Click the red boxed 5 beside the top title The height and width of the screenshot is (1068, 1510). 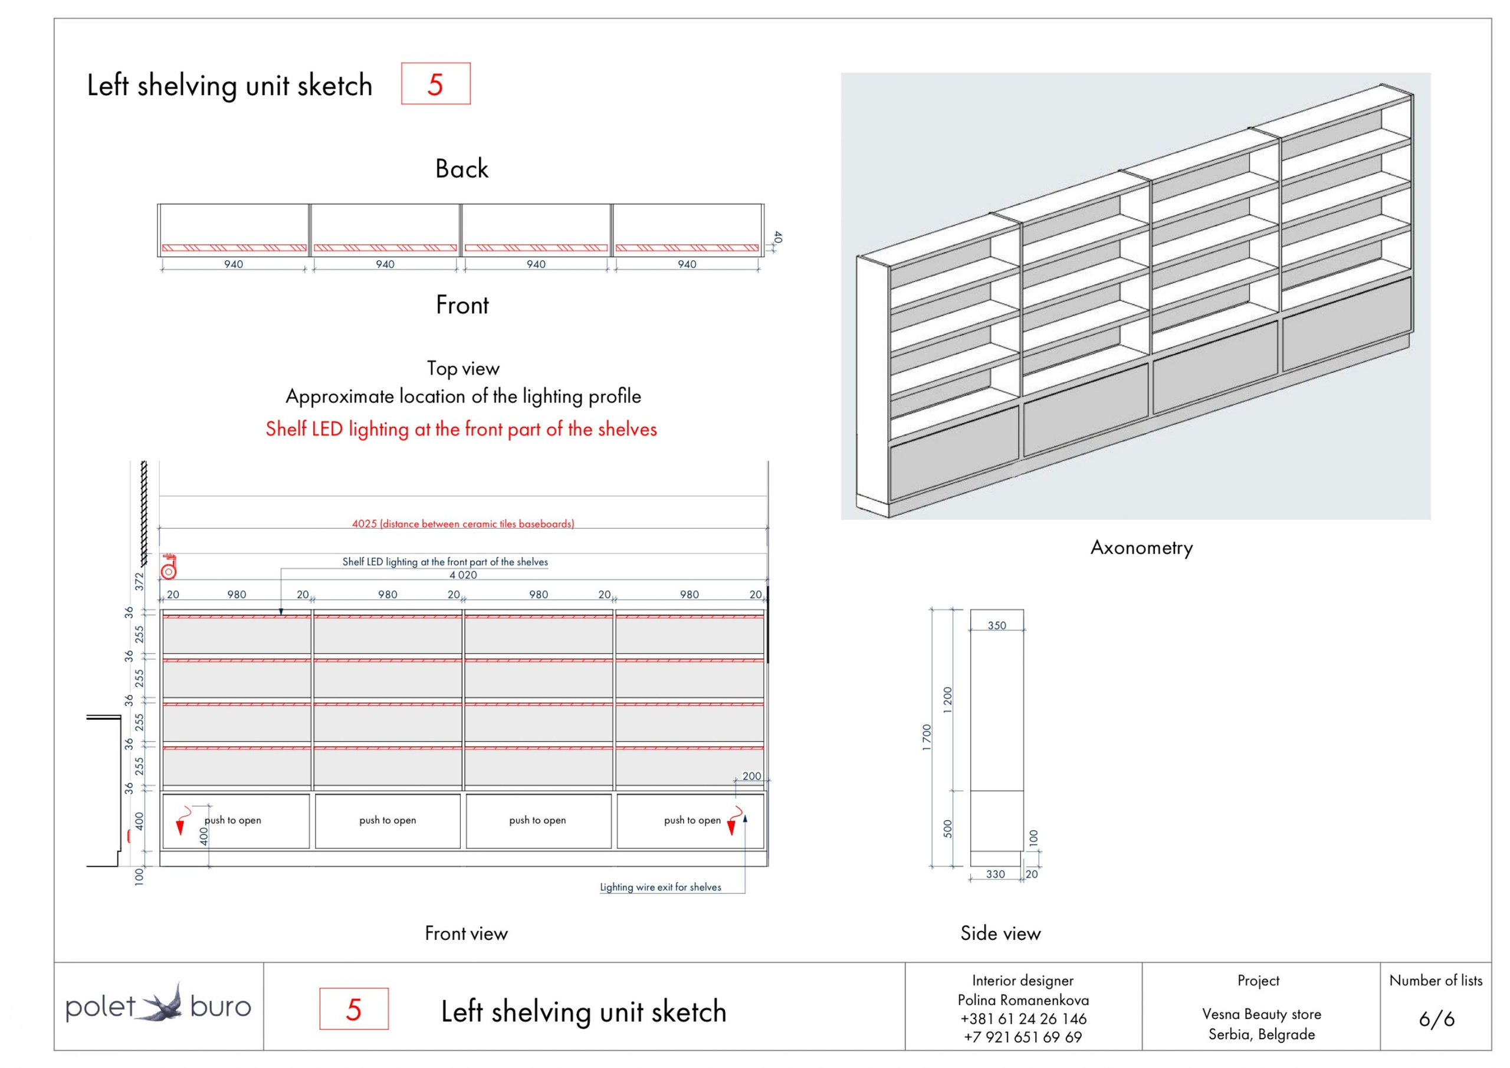click(x=435, y=84)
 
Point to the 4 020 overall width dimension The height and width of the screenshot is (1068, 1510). click(x=463, y=575)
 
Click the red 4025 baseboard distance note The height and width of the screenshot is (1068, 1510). click(x=463, y=524)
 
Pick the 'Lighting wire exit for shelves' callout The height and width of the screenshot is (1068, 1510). click(x=660, y=887)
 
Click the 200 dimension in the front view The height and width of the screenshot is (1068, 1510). click(x=751, y=777)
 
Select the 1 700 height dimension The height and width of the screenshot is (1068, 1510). click(x=927, y=738)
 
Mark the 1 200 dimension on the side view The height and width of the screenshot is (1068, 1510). click(x=948, y=700)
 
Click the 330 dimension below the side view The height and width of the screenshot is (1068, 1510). click(x=996, y=874)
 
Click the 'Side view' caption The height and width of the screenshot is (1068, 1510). click(x=1000, y=933)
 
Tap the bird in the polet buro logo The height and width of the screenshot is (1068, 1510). click(x=163, y=1004)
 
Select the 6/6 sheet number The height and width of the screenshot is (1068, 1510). click(x=1436, y=1018)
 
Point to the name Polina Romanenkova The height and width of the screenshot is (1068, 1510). click(x=1023, y=1000)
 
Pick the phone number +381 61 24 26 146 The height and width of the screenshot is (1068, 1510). click(x=1023, y=1018)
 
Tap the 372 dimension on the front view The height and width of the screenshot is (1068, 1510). click(x=139, y=582)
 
